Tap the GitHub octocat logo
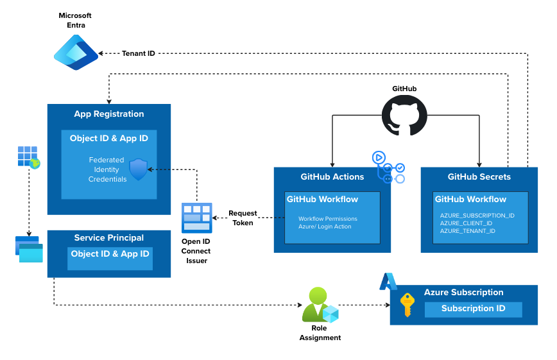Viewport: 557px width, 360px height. point(404,116)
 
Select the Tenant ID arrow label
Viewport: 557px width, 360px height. point(138,53)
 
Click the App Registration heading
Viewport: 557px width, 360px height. point(109,114)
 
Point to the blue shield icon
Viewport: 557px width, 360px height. point(139,169)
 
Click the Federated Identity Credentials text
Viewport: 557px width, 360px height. point(107,169)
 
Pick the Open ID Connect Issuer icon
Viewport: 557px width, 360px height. point(196,218)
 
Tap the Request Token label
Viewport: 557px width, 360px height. point(243,218)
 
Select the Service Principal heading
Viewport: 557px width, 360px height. point(109,238)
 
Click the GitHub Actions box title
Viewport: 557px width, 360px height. point(332,177)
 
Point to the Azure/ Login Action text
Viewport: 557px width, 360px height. point(325,227)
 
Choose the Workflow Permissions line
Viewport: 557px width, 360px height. point(327,219)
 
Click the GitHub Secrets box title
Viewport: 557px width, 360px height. point(479,177)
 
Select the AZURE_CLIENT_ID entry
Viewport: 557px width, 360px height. point(467,223)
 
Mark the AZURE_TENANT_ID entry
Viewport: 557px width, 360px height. point(468,231)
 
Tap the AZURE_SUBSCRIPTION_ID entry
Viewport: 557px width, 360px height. point(477,216)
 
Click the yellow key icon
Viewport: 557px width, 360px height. point(407,305)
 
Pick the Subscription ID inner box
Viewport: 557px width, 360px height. point(473,309)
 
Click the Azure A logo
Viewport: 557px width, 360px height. point(388,282)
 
